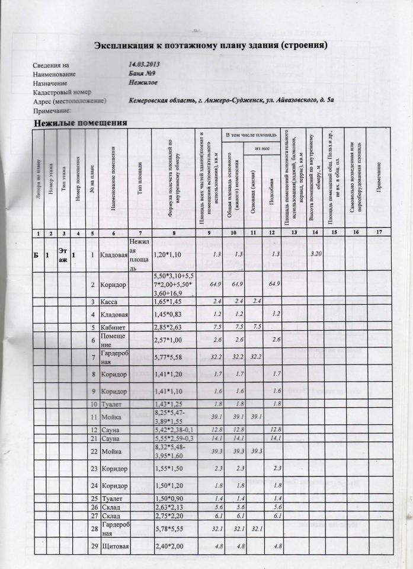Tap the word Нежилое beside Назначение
tap(143, 83)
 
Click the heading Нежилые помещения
tap(81, 123)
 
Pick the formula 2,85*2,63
tap(168, 327)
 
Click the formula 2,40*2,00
tap(168, 545)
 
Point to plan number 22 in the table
tap(93, 452)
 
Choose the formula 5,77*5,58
tap(168, 358)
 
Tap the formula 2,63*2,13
tap(168, 507)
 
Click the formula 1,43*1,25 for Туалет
tap(168, 404)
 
